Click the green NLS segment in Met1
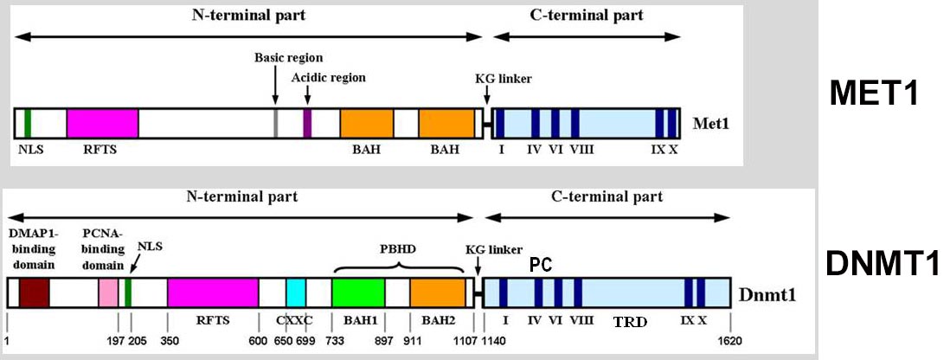click(x=28, y=123)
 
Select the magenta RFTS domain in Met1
click(x=102, y=123)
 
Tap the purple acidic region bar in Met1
click(x=307, y=123)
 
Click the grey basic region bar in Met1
click(x=276, y=123)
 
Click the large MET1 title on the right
click(x=874, y=94)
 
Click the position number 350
click(x=170, y=341)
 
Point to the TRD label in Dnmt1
click(x=629, y=321)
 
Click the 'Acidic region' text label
click(x=329, y=78)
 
